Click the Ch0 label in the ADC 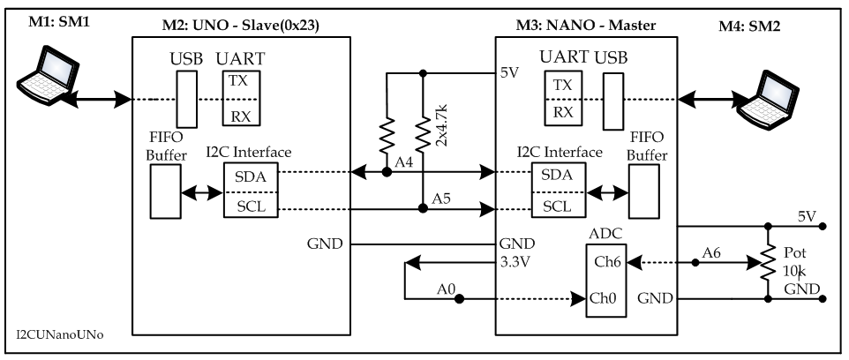tap(602, 299)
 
